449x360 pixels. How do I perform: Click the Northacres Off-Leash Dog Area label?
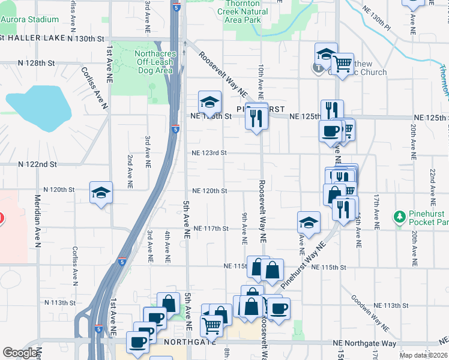pos(151,62)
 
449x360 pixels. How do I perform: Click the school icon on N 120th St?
pos(101,193)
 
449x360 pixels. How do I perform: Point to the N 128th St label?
pos(36,63)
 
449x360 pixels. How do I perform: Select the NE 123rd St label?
pos(209,153)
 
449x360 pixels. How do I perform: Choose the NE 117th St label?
pos(212,229)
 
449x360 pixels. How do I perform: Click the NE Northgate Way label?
pos(365,343)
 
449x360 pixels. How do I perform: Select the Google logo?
pos(20,353)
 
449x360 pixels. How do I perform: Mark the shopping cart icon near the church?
pos(342,63)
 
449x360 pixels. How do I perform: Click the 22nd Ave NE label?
pos(432,184)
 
